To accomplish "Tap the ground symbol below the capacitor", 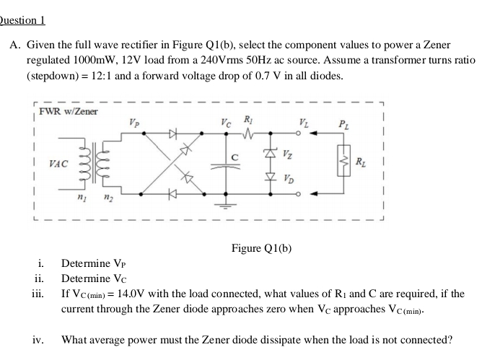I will (x=229, y=204).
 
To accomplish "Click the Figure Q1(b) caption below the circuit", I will (x=261, y=249).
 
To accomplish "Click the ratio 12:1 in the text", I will (x=139, y=76).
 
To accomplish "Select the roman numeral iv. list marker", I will (x=38, y=338).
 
